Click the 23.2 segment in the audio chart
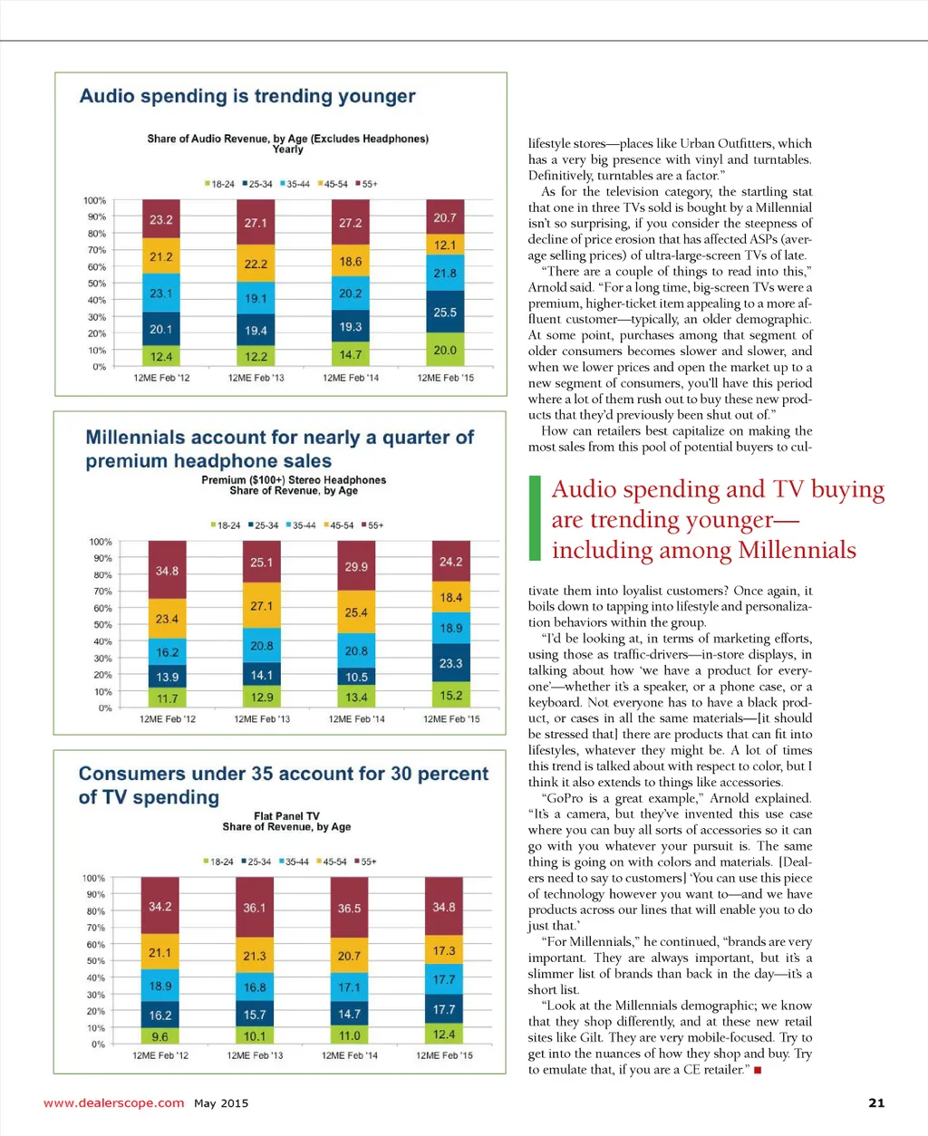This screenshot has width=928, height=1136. [161, 220]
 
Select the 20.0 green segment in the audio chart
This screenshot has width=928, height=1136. [445, 350]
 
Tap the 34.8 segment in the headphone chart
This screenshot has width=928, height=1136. [167, 571]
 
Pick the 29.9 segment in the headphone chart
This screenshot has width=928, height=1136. [356, 566]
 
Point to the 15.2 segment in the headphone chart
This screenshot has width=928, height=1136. [451, 696]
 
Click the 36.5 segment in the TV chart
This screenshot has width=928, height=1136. [349, 908]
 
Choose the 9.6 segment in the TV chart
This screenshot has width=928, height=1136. [159, 1036]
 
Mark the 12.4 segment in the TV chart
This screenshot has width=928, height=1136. [444, 1034]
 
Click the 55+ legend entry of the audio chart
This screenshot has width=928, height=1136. [366, 184]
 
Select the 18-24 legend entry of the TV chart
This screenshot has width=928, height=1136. [218, 862]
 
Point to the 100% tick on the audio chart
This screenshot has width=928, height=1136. [94, 200]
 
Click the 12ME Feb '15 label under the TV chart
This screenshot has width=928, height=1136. [444, 1055]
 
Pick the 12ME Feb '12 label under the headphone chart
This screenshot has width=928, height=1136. [167, 719]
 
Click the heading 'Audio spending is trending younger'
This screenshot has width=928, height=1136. [247, 96]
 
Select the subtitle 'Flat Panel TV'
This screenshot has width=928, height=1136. [286, 815]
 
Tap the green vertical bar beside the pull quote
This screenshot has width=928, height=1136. [535, 518]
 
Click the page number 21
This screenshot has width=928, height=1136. [875, 1102]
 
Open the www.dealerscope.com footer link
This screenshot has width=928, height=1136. [113, 1102]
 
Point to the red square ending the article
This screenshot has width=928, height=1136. [758, 1070]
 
